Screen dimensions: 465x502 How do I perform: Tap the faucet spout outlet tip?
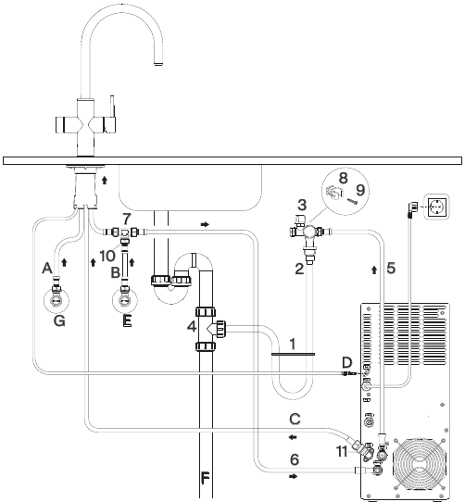tap(158, 64)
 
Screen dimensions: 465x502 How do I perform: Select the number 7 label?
tap(127, 219)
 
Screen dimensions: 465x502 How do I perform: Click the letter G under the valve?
tap(59, 320)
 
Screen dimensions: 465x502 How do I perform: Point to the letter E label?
tap(127, 320)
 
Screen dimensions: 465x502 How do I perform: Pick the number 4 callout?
tap(192, 327)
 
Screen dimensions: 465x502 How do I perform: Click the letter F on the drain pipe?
tap(205, 478)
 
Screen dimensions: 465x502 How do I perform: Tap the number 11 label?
tap(342, 452)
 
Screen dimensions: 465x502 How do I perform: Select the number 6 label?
tap(295, 459)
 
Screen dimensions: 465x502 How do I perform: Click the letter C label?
tap(295, 419)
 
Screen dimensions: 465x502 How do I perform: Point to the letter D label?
tap(346, 363)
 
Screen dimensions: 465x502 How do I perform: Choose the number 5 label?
tap(391, 268)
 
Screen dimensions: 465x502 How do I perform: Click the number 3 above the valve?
tap(302, 205)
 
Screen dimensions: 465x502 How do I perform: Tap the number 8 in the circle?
tap(343, 178)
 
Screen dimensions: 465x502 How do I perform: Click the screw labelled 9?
tap(351, 201)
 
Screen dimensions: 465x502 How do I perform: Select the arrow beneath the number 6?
tap(293, 476)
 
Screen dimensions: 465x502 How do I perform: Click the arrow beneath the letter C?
tap(293, 437)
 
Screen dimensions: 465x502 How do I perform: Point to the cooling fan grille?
tap(420, 464)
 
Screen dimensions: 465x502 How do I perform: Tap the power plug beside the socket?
tap(411, 208)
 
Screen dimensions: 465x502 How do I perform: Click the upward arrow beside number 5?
tap(374, 270)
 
